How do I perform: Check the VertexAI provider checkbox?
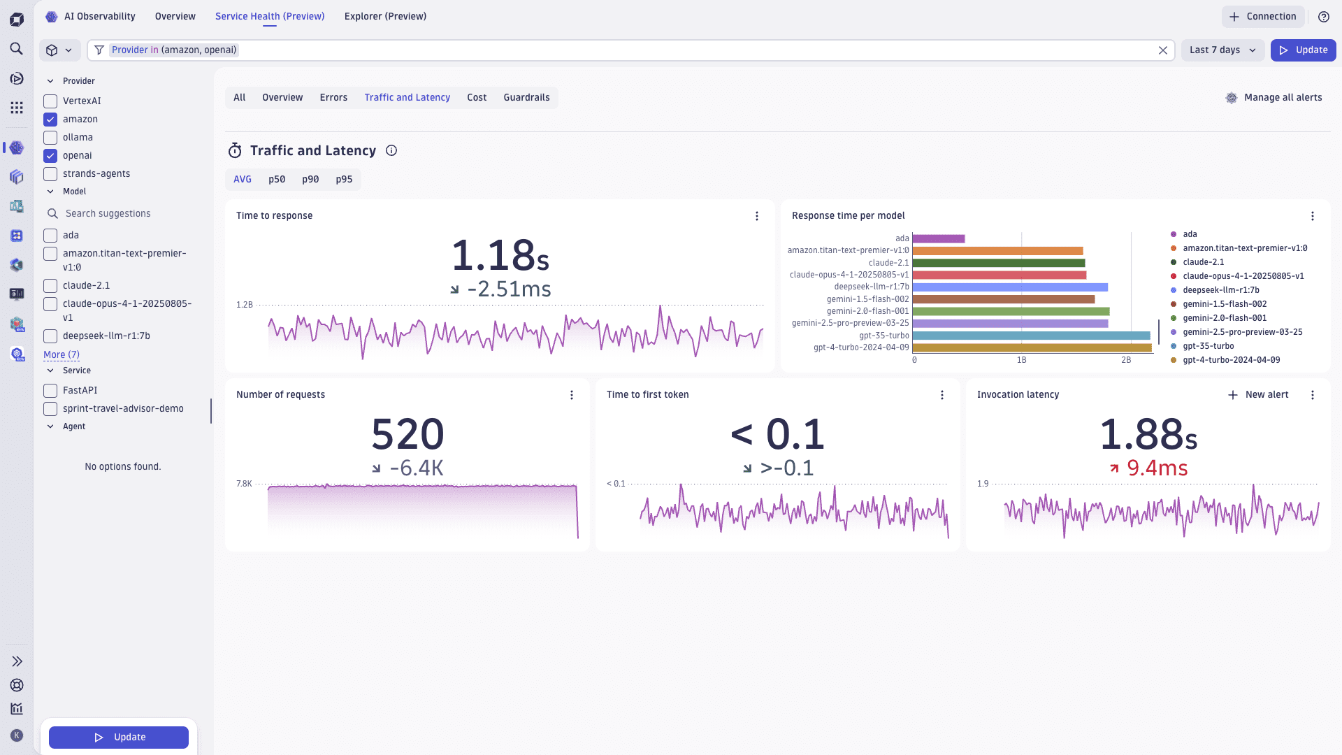50,101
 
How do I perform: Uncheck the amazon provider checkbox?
50,120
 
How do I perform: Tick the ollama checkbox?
50,138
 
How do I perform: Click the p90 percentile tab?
310,180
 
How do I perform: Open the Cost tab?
477,98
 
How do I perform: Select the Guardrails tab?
526,98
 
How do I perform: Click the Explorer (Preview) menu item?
385,17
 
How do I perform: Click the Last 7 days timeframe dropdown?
1222,50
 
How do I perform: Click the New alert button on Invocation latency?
1258,395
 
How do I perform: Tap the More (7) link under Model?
62,355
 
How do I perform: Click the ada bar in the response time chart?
938,239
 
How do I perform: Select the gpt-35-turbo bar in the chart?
1031,336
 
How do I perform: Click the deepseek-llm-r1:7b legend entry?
1220,290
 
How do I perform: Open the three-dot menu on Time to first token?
942,395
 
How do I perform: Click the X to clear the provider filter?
1163,50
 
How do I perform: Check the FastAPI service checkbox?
50,391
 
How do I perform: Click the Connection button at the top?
1263,17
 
